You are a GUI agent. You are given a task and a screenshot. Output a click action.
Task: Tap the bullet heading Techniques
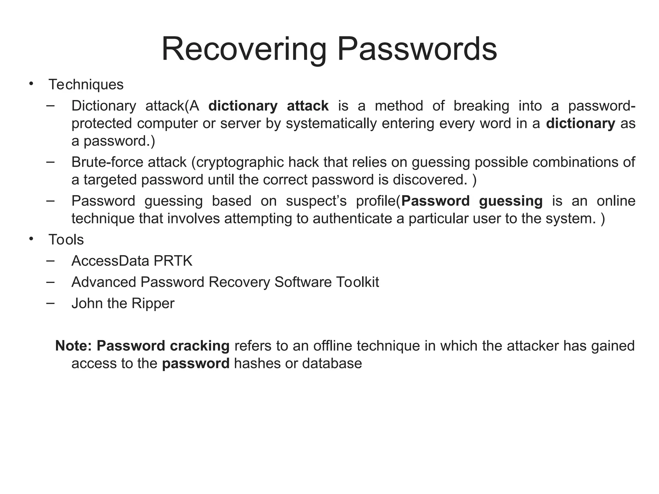[x=86, y=85]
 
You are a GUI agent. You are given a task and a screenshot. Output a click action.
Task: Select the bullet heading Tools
[x=66, y=240]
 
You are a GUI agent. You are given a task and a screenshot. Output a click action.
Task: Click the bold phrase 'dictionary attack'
[x=268, y=106]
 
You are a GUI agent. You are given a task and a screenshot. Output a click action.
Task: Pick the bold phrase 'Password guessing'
[x=472, y=201]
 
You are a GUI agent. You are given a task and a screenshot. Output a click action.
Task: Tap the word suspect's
[x=316, y=201]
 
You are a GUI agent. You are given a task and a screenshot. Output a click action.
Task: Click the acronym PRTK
[x=173, y=261]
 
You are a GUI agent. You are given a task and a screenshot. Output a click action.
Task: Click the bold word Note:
[x=74, y=346]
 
